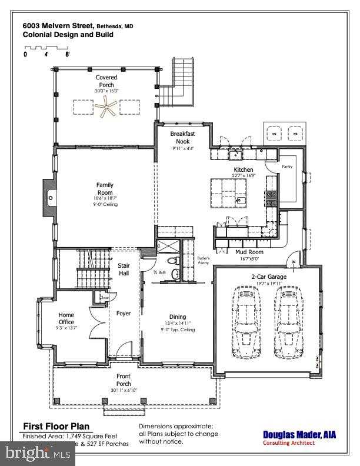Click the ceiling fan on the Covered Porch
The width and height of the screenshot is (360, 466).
pos(106,107)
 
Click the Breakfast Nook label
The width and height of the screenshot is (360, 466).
pos(183,138)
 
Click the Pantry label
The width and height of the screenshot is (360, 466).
pos(286,167)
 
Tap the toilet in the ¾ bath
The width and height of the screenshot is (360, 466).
pos(171,259)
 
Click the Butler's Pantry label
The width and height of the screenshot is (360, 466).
pos(203,260)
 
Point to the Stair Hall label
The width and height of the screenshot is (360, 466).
pos(124,269)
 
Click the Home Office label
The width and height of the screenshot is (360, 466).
pos(66,318)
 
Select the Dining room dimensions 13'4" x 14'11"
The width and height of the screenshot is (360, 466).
pos(178,323)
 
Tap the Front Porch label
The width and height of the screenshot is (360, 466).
pos(124,380)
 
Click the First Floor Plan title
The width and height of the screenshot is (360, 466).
pos(56,426)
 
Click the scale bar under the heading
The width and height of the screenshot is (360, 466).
pos(47,47)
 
